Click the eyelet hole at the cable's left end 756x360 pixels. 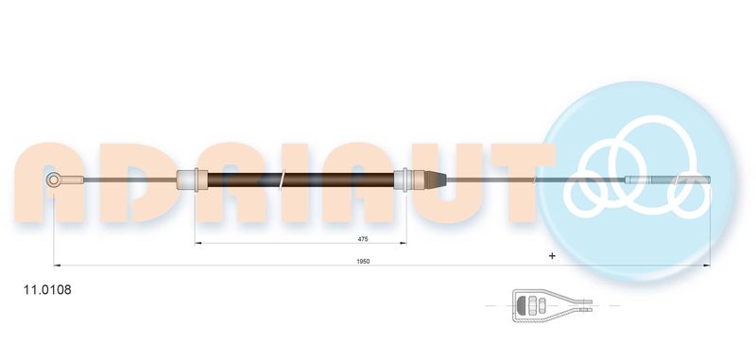54,180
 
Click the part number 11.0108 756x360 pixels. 47,290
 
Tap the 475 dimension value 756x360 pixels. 363,238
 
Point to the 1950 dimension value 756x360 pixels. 363,261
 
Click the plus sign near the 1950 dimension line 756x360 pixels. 552,256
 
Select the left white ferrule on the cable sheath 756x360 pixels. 192,180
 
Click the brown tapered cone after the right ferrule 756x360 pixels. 436,180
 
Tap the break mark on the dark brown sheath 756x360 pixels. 282,180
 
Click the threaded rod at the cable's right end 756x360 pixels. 668,180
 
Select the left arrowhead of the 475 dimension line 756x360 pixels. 198,244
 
